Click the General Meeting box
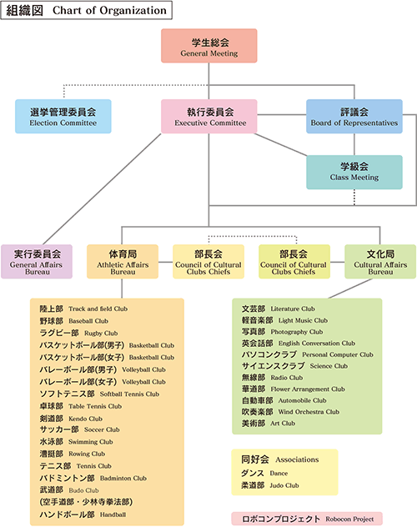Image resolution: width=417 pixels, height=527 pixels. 209,46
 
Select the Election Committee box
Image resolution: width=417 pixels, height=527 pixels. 63,116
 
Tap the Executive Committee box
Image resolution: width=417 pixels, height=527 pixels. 209,116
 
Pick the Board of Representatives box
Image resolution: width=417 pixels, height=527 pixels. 354,116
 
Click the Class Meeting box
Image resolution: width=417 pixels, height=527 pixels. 354,172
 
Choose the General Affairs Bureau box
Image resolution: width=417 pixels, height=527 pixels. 37,262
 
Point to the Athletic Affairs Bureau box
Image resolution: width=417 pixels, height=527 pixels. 123,262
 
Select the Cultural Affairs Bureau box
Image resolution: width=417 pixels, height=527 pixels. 380,262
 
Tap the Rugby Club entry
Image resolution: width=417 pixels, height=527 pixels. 78,333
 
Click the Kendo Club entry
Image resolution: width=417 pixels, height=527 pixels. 71,419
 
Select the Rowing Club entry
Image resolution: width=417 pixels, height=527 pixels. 73,454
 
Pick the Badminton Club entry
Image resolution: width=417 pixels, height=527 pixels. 93,478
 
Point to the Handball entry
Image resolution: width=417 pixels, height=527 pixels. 83,514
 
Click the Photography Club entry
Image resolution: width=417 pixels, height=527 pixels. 282,332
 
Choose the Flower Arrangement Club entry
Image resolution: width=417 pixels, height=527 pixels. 294,389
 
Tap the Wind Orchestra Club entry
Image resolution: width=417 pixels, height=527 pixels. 291,412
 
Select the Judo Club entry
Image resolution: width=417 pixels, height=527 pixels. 270,485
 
